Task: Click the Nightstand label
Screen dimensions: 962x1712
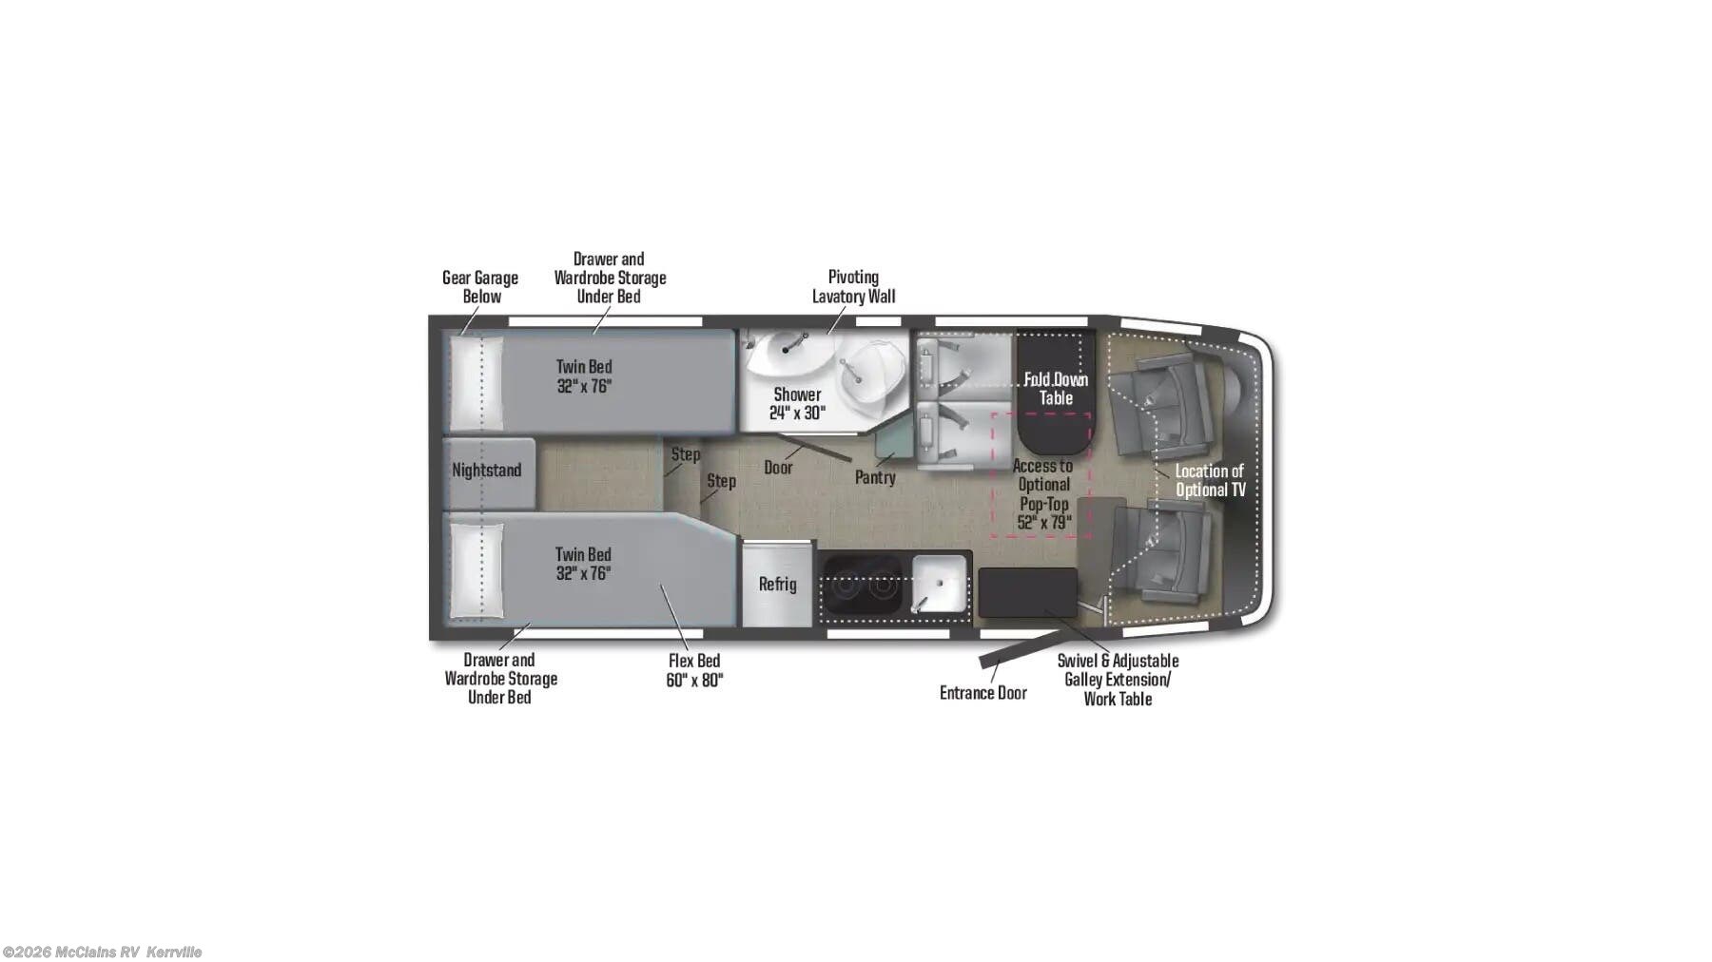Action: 486,471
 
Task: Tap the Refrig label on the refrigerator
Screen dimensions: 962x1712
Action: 777,585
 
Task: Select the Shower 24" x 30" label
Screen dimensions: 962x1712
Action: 797,403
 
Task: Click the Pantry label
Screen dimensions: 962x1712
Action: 875,477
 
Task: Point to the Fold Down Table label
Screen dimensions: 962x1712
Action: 1056,389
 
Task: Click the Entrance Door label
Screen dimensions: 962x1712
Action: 982,693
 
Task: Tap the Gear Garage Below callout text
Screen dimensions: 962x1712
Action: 480,287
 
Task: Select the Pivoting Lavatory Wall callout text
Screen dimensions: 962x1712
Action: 853,286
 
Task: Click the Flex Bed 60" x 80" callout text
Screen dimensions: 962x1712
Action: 694,670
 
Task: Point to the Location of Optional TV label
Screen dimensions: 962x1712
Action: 1210,480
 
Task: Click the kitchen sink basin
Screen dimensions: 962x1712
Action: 939,582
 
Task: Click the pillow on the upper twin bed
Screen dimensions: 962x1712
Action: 475,383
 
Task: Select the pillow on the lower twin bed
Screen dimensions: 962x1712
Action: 475,570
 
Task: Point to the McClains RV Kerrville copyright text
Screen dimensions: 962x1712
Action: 102,952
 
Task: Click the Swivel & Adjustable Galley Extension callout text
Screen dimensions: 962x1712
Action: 1118,680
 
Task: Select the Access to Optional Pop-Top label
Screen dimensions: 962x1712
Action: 1043,493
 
